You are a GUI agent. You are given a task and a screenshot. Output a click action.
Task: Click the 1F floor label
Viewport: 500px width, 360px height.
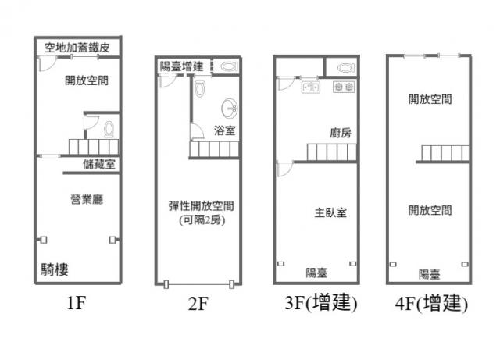(75, 305)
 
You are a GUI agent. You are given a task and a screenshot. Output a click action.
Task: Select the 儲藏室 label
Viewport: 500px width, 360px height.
(99, 164)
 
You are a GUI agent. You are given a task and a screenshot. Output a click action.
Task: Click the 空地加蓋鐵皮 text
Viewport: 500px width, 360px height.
(82, 48)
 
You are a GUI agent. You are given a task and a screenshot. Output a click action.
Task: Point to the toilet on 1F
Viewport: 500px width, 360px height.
(109, 128)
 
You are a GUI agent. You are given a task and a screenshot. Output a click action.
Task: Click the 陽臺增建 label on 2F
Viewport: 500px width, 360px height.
(181, 66)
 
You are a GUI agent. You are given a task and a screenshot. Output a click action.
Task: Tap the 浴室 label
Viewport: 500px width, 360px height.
(224, 130)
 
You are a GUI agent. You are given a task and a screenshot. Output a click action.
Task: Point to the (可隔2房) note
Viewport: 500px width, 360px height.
(202, 220)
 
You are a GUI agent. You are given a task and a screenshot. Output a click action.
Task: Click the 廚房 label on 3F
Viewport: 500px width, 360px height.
(340, 133)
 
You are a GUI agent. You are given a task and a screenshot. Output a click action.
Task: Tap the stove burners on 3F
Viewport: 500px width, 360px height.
(344, 87)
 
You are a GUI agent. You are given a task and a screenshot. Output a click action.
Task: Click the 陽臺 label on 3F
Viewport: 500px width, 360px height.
(316, 273)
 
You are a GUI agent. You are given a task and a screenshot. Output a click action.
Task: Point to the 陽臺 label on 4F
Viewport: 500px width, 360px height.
(430, 274)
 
